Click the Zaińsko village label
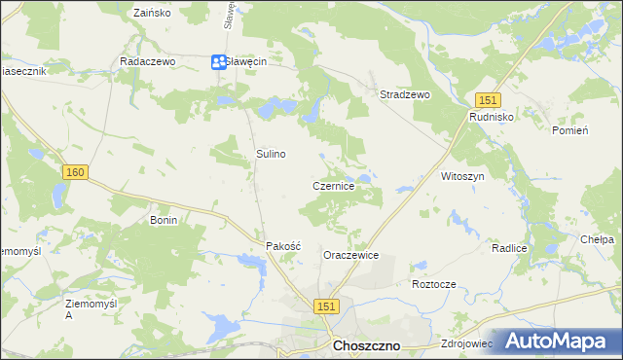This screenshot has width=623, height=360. point(151,14)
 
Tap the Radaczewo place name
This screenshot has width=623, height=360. point(146,60)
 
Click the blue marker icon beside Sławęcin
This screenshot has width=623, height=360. point(218,62)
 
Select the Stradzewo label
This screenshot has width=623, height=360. point(405,95)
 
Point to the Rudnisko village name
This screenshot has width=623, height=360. point(491,116)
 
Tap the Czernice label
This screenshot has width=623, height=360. point(339,186)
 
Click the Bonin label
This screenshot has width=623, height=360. point(163,221)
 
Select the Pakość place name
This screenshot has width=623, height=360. point(284,247)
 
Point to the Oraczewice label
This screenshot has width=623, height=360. point(351,256)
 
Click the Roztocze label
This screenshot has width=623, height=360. point(434,284)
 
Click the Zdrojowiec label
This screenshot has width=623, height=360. point(468,343)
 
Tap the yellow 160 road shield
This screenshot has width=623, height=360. point(76,172)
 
